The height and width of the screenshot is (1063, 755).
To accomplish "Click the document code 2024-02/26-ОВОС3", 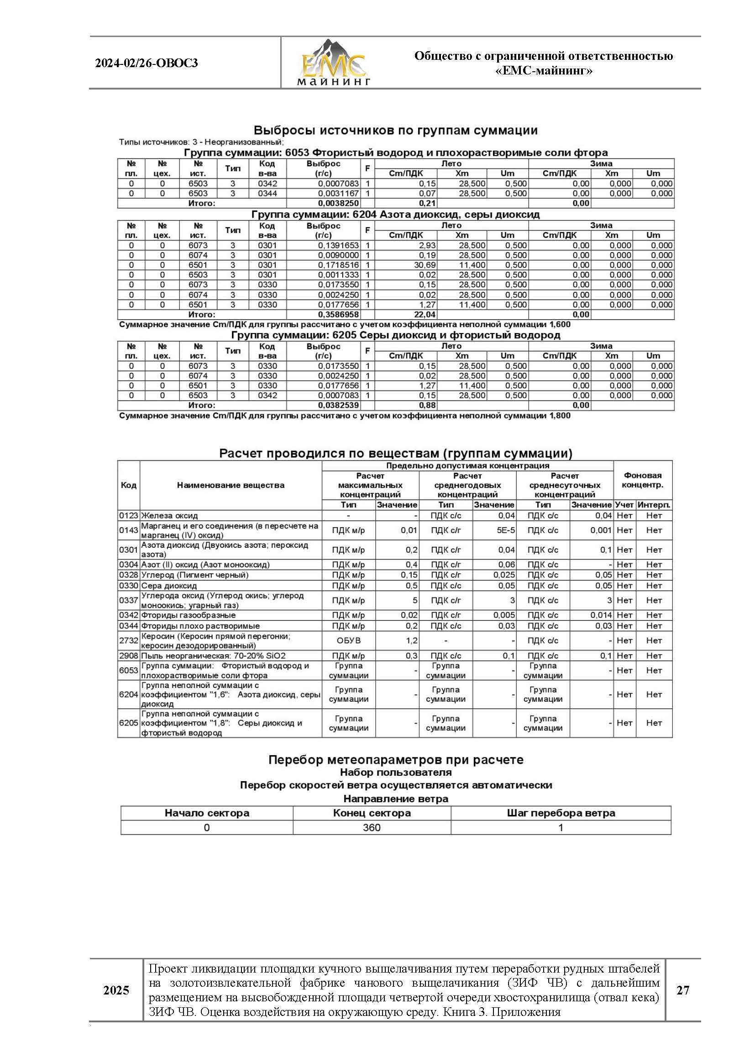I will (x=147, y=63).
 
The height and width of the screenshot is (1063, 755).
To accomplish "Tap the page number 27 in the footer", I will (x=682, y=990).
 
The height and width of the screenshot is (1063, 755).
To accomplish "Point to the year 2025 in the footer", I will (x=116, y=990).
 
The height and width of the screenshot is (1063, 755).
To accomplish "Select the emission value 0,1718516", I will (x=338, y=265).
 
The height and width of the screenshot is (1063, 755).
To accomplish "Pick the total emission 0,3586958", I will (x=338, y=314).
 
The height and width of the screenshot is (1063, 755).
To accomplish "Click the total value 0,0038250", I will (x=338, y=203).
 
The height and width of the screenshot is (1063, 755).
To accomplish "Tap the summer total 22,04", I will (x=425, y=314).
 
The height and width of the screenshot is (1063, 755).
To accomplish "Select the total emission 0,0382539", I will (x=338, y=405).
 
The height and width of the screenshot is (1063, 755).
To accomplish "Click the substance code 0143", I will (x=128, y=530).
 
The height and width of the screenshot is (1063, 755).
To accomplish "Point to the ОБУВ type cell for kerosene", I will (x=348, y=640).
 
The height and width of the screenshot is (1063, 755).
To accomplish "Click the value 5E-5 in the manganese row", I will (x=505, y=530).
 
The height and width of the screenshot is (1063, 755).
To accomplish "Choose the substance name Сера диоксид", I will (x=169, y=586).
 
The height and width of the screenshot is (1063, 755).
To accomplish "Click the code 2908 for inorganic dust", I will (x=128, y=656).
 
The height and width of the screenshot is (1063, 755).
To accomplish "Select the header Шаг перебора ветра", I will (x=561, y=813).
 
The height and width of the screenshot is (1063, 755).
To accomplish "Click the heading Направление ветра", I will (x=396, y=799).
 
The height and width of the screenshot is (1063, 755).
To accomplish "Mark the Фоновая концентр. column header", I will (x=643, y=480).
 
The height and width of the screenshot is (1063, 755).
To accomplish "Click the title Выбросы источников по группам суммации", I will (x=396, y=130).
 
